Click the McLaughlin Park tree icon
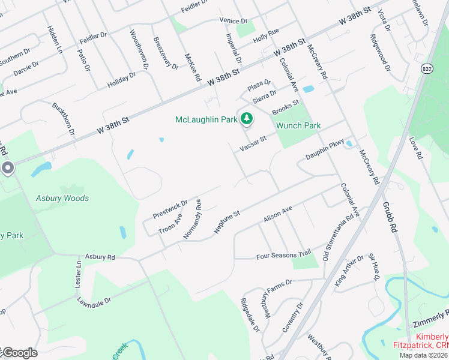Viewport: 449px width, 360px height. (x=246, y=120)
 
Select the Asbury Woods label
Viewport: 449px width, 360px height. (x=62, y=199)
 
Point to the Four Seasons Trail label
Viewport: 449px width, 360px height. (x=284, y=255)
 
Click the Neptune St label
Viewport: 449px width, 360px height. (x=228, y=221)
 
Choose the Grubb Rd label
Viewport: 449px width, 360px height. (x=390, y=217)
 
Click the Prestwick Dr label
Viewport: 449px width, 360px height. (x=170, y=209)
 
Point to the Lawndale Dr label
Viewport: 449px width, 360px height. (x=94, y=292)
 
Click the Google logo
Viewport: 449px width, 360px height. (x=19, y=353)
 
